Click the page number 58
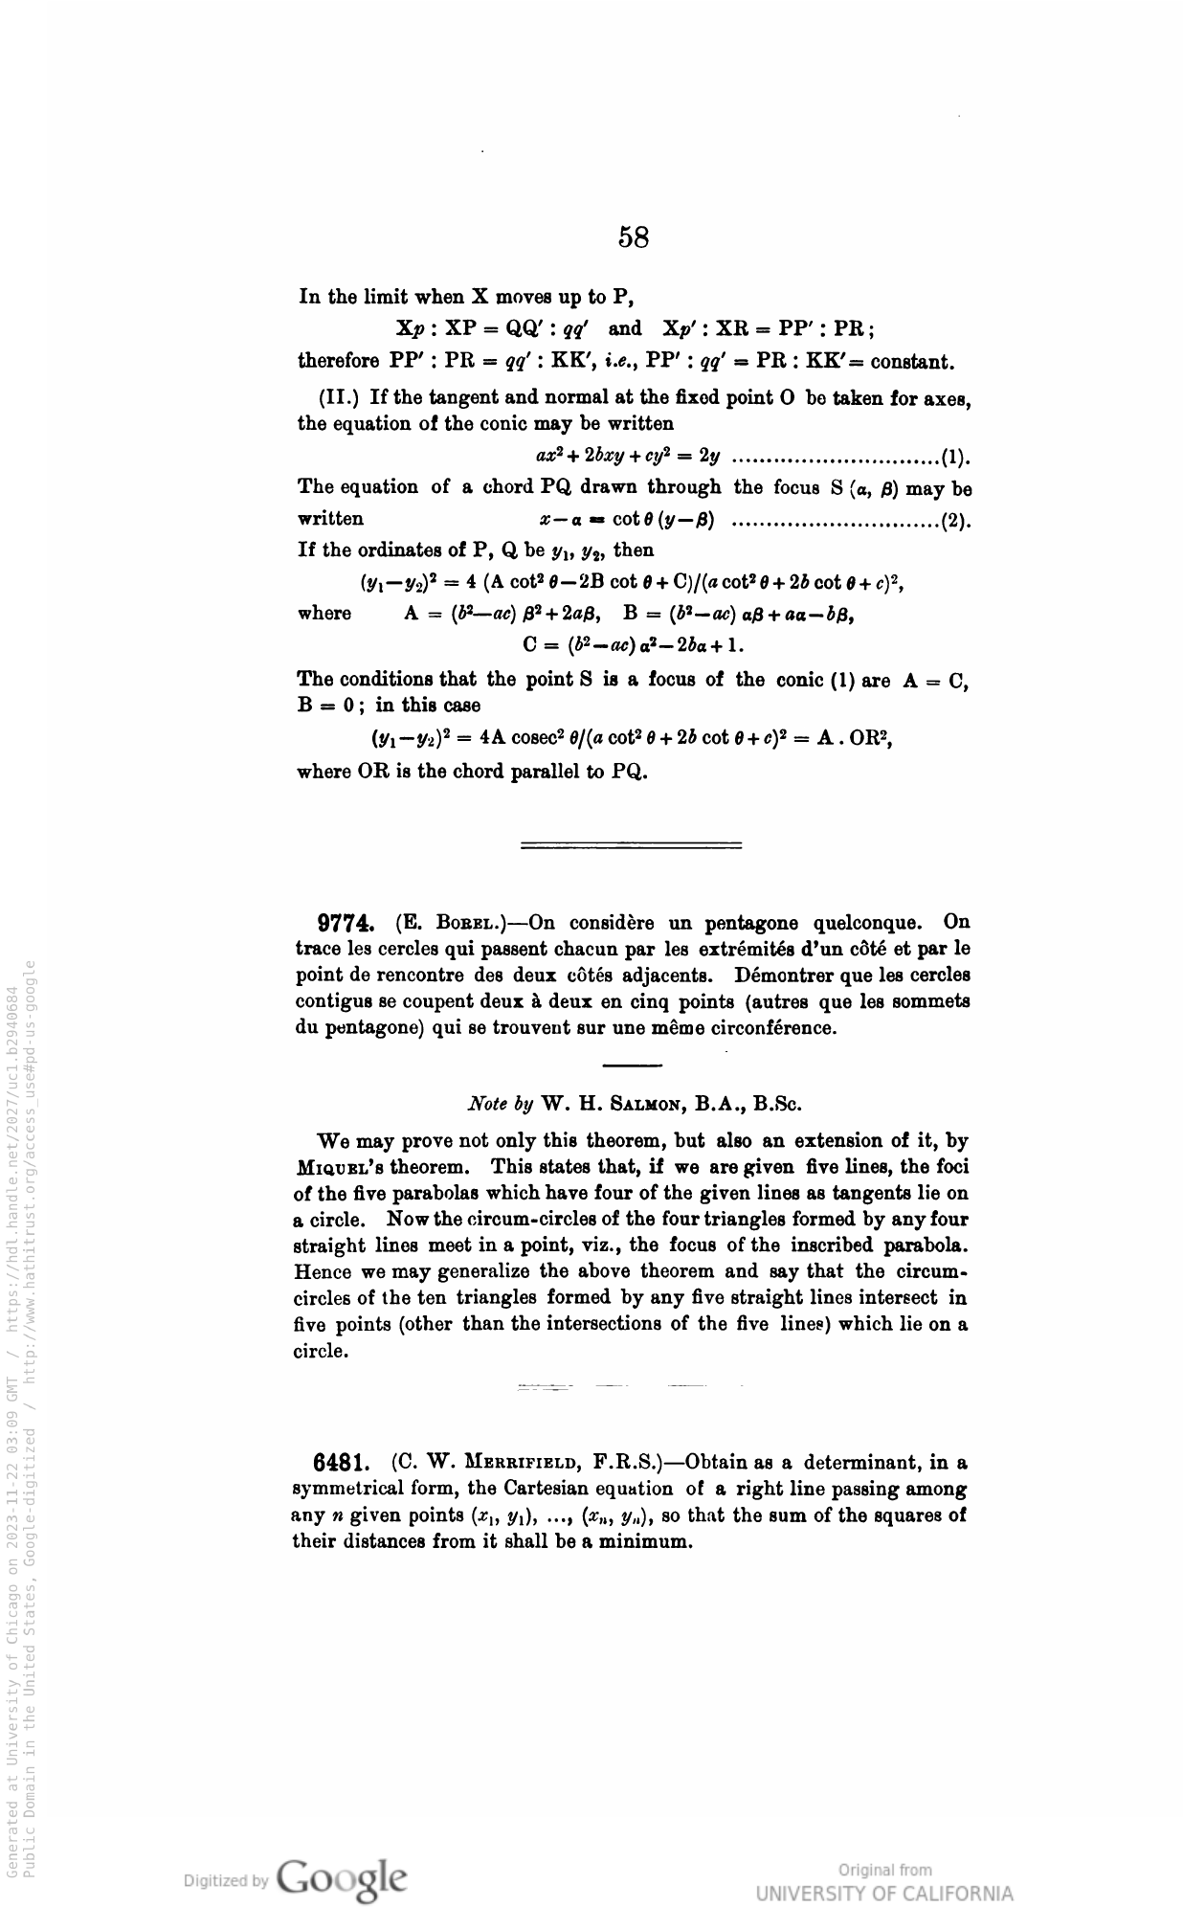point(634,236)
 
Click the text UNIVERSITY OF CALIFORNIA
point(883,1894)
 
